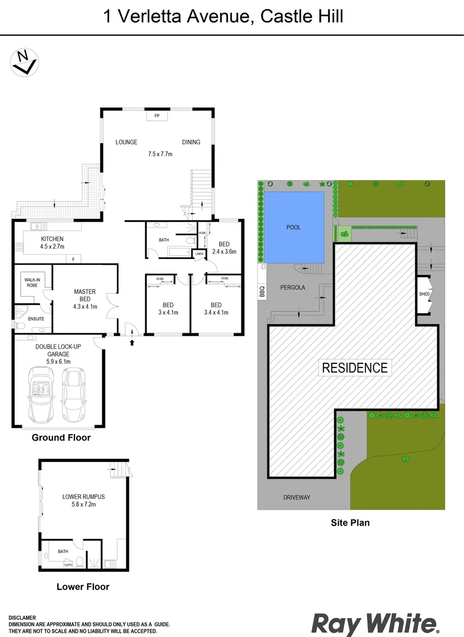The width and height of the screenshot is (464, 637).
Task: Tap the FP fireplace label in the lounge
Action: click(x=157, y=116)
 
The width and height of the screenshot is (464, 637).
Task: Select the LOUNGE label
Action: click(x=126, y=142)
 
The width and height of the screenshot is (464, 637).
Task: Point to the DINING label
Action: click(x=191, y=142)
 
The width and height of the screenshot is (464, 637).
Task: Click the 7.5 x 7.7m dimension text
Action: click(x=159, y=155)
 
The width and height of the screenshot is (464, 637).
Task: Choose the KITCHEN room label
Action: click(x=52, y=239)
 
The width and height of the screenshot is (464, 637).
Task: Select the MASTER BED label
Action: click(x=85, y=295)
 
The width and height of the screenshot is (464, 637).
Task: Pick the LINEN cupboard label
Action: click(x=199, y=254)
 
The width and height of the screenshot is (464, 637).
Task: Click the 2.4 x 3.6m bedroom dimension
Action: click(x=224, y=251)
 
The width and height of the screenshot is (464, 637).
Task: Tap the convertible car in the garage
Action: click(x=42, y=393)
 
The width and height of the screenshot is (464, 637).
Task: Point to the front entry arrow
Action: click(x=132, y=342)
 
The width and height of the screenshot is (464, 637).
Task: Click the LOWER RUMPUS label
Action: click(x=83, y=497)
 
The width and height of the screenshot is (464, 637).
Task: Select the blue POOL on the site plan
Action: click(x=293, y=228)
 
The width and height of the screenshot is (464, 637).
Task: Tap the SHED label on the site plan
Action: click(x=424, y=294)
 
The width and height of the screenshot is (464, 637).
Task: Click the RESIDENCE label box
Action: click(x=355, y=367)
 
